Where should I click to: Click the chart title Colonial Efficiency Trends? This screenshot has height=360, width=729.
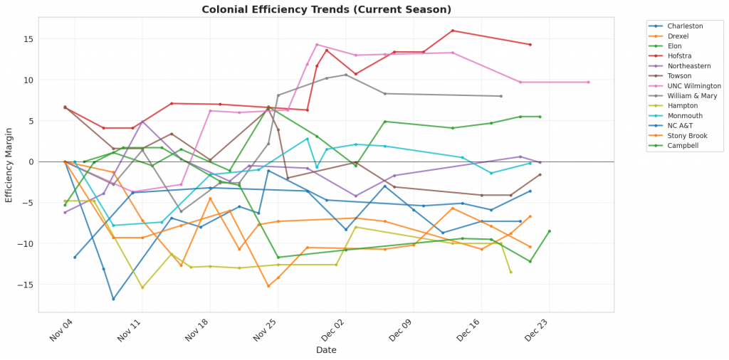326,9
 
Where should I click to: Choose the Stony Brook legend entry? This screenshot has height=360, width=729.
688,135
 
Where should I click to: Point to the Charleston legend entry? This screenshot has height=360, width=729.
686,26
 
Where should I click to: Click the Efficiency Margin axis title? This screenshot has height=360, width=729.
9,164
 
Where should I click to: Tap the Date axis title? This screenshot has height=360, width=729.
326,350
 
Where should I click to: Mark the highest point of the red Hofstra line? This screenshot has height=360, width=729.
453,31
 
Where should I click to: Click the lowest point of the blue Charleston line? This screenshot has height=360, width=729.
113,299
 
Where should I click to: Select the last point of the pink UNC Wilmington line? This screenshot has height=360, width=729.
588,82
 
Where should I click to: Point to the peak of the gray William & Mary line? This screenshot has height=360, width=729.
346,75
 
